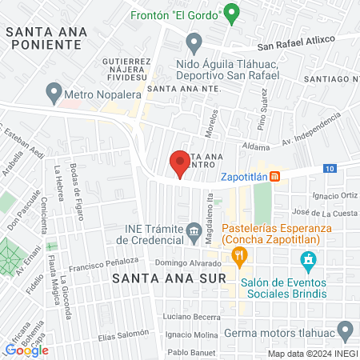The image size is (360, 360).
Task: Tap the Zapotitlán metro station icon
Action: pos(274,176)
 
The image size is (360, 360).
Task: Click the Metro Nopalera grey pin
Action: pos(54,94)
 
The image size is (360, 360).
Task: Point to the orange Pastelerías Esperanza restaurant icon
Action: pos(238,257)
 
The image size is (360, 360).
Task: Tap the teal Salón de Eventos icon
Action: pos(306,260)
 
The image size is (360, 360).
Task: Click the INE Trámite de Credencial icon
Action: pos(194,233)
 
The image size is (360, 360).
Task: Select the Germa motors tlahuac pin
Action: pos(346,329)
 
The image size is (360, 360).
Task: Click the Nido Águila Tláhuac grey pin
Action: pos(193,42)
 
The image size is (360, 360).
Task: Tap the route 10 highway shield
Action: pos(330,168)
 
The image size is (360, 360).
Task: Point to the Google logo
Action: pos(27,350)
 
